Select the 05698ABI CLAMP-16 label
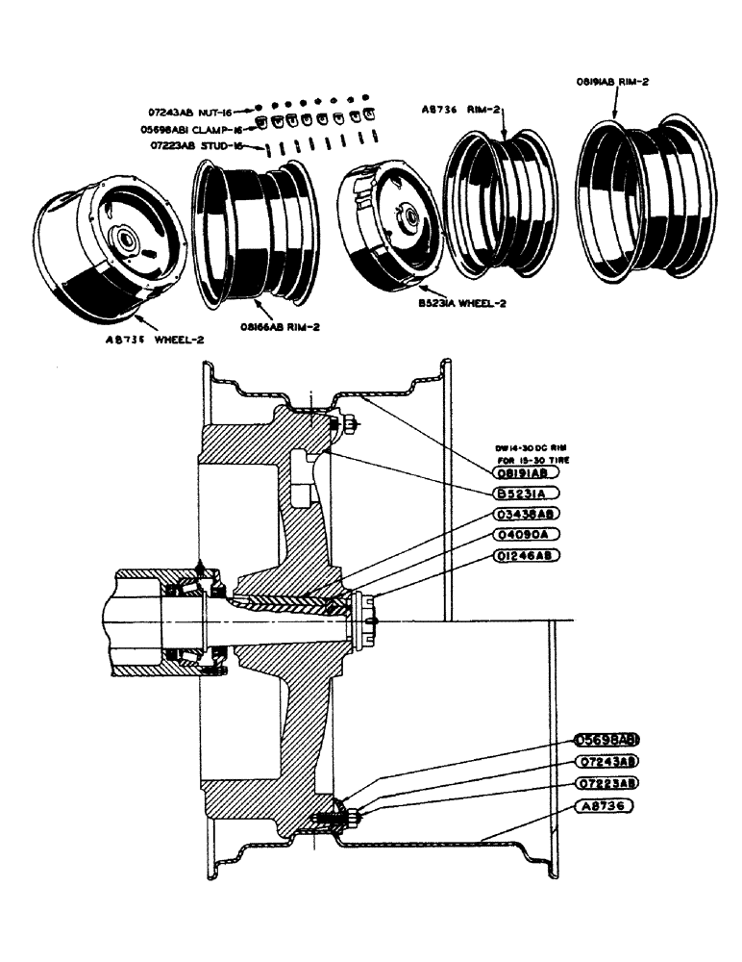pyautogui.click(x=197, y=128)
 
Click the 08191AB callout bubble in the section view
pyautogui.click(x=527, y=473)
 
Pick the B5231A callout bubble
pyautogui.click(x=524, y=494)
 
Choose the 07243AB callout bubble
pyautogui.click(x=606, y=761)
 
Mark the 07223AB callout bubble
pyautogui.click(x=606, y=782)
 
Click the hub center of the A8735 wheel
pyautogui.click(x=126, y=237)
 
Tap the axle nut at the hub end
pyautogui.click(x=365, y=620)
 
